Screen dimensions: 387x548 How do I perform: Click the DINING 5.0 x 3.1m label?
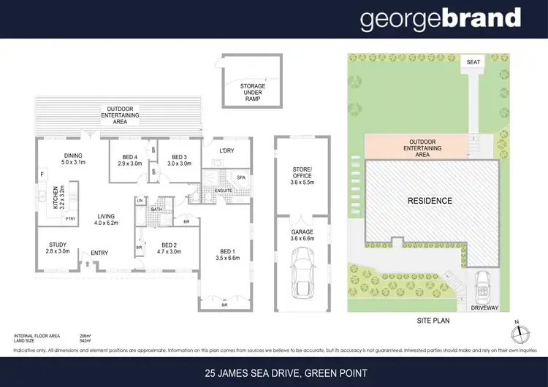coord(74,159)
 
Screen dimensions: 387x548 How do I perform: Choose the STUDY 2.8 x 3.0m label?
coord(58,248)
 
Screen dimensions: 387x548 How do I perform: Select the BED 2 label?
coord(170,249)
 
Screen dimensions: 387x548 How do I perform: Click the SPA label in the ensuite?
coord(240,177)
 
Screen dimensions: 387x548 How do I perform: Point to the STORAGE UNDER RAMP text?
coord(253,93)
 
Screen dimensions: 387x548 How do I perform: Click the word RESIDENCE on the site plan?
coord(430,200)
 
